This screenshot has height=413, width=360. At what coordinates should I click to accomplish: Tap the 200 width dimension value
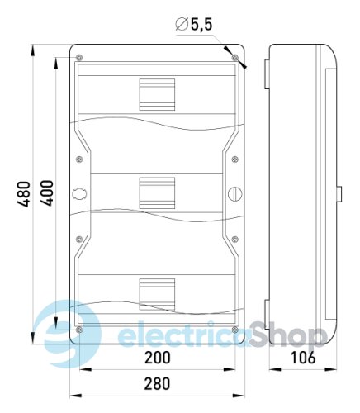tap(157, 358)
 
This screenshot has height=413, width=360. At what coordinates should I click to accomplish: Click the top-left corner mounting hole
tap(78, 58)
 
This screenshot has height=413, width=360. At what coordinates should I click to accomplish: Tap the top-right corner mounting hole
tap(235, 58)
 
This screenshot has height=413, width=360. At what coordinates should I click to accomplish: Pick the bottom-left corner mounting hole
tap(78, 330)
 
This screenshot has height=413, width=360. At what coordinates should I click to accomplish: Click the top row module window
tap(157, 94)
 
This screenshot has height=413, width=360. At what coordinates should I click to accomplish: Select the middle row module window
tap(157, 193)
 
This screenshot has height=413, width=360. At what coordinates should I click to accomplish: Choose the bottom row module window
tap(157, 295)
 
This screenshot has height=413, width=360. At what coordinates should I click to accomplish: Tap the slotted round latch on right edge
tap(234, 194)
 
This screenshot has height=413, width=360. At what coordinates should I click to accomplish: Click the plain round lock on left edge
tap(79, 194)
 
